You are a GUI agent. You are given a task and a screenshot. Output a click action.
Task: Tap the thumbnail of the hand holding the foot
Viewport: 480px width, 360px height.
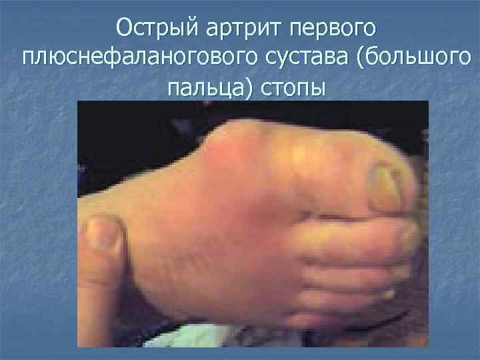pyautogui.click(x=103, y=233)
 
